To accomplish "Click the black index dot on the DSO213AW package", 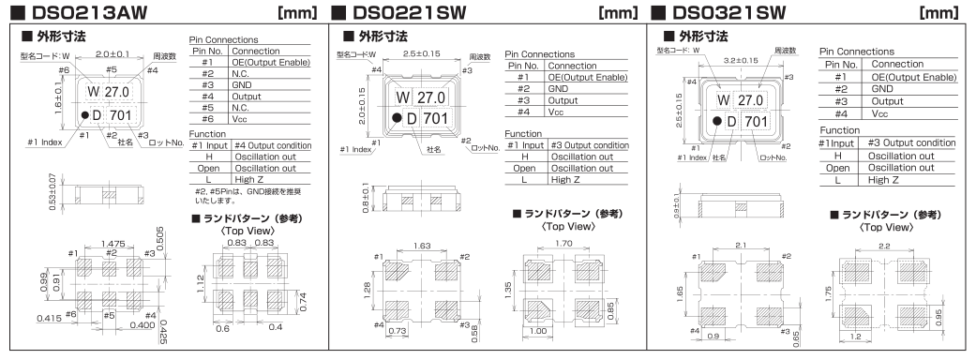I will pyautogui.click(x=84, y=114).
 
